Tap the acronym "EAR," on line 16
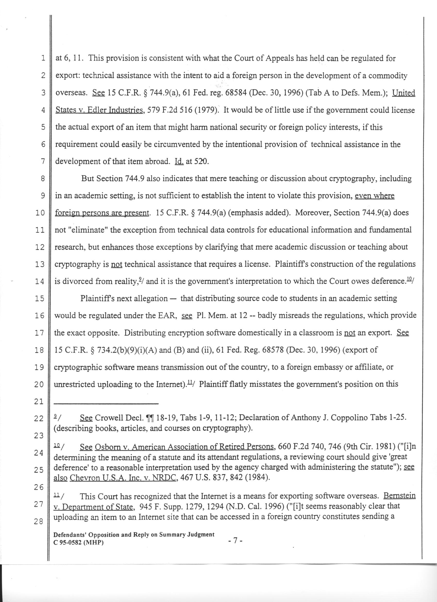169,316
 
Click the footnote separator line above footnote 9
106,404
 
